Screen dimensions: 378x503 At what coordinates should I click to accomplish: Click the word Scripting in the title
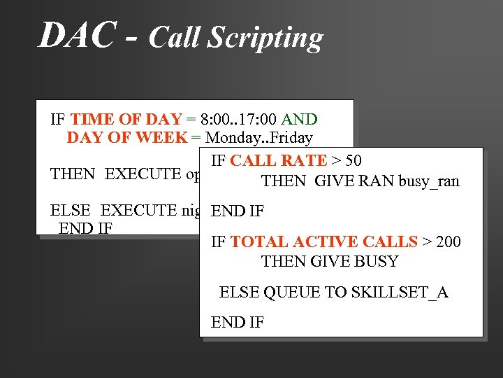pyautogui.click(x=272, y=38)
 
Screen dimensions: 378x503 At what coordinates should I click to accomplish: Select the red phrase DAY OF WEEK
pyautogui.click(x=127, y=137)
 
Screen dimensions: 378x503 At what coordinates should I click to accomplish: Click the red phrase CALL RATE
pyautogui.click(x=278, y=161)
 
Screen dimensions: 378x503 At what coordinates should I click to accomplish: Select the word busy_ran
pyautogui.click(x=428, y=181)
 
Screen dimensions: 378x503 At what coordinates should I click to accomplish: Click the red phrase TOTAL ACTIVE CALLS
pyautogui.click(x=323, y=242)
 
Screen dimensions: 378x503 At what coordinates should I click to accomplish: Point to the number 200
pyautogui.click(x=448, y=242)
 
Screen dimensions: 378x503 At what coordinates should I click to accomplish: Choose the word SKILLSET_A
pyautogui.click(x=403, y=293)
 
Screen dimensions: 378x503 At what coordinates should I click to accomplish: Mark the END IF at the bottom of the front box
pyautogui.click(x=238, y=323)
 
